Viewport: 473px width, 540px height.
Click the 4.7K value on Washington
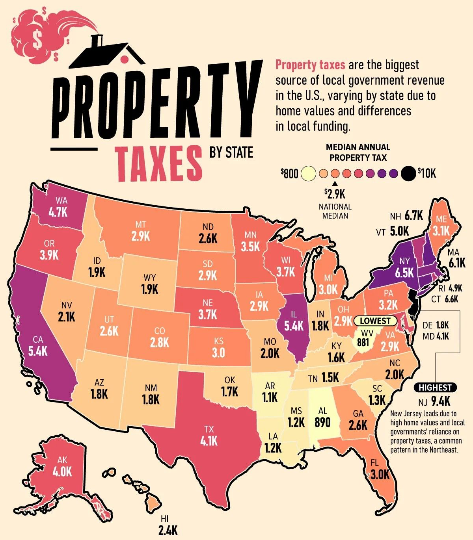click(x=58, y=212)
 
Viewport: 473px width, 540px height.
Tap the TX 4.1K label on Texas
click(x=209, y=436)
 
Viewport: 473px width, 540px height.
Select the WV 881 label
click(x=363, y=338)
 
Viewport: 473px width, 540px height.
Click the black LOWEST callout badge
click(x=375, y=321)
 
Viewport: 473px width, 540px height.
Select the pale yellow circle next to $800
click(x=308, y=173)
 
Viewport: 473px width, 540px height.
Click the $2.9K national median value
click(x=335, y=194)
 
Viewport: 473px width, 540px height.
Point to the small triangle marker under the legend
click(x=335, y=184)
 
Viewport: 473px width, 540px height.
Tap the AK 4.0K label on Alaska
click(x=62, y=466)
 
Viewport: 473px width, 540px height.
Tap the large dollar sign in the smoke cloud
click(x=37, y=39)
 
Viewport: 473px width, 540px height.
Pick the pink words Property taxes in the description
click(x=310, y=65)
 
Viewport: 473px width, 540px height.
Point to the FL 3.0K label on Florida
click(x=379, y=469)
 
